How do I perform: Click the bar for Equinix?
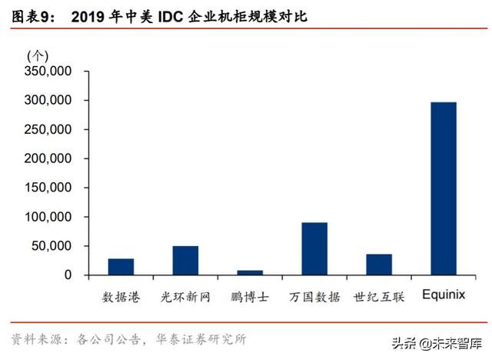tap(443, 188)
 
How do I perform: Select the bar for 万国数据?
tap(314, 248)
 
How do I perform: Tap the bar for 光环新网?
tap(184, 260)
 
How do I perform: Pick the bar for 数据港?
tap(121, 266)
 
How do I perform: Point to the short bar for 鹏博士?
tap(249, 272)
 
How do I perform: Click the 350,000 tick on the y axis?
tap(48, 72)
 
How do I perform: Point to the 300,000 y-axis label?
tap(48, 101)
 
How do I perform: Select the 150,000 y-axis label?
tap(48, 188)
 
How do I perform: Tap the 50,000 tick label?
tap(52, 246)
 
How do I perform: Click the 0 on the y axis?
tap(68, 275)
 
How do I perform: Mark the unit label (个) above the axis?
tap(37, 55)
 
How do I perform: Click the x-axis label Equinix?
tap(443, 295)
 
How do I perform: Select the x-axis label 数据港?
tap(121, 296)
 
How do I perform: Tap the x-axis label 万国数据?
tap(314, 296)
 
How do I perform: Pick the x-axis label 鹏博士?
tap(249, 296)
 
